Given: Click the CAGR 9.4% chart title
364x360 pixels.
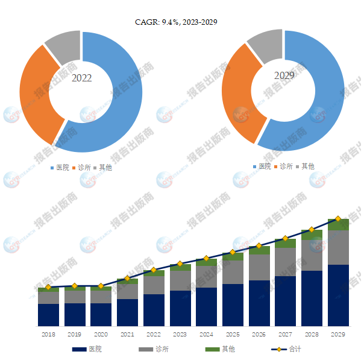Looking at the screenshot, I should pos(176,22).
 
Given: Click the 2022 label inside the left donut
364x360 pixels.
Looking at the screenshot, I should pos(81,78).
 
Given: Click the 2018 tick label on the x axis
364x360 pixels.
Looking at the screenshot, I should pos(48,333).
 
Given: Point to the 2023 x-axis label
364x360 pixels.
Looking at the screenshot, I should pos(180,333).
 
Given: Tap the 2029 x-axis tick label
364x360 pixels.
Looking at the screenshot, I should pos(338,333).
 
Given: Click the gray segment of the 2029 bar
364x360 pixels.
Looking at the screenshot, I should pos(338,247).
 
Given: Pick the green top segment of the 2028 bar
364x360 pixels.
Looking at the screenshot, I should pos(312,235).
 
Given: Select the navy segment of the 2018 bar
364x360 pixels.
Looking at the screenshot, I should pos(48,315).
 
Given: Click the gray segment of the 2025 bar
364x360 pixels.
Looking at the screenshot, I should pos(233,272).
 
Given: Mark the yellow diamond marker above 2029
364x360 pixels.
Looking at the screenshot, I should pos(338,218).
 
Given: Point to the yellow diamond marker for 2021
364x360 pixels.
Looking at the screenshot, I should pos(127,278).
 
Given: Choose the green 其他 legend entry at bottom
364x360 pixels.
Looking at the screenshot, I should pos(221,349).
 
